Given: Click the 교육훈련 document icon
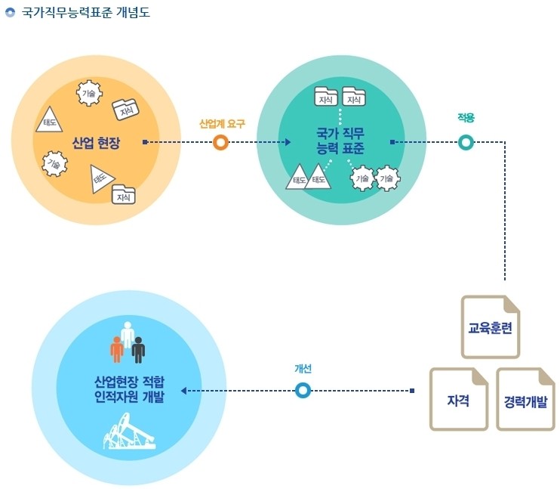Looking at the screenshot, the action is coord(491,327).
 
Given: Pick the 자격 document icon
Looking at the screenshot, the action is coord(459,399).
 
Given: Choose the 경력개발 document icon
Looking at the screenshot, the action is coord(525,399).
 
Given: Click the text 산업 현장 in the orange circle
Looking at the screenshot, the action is coord(96,143).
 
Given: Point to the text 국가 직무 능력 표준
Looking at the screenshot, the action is coord(340,141).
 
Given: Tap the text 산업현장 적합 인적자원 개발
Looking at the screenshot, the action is coord(129,389).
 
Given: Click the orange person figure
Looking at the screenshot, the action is coord(117,349).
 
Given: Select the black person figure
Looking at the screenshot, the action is coord(138,350).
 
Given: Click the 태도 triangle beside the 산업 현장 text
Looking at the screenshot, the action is coord(49,121).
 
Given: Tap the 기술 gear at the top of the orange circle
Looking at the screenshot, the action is coord(89,93).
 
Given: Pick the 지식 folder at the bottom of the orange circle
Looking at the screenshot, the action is coord(124,194).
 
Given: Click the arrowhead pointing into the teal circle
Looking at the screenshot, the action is coord(288,142).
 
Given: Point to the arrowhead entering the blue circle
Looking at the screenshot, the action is coord(183,391).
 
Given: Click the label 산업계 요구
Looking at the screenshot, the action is coord(222,124).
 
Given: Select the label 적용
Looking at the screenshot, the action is coord(466,118).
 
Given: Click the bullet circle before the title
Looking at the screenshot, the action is coord(11,13).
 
